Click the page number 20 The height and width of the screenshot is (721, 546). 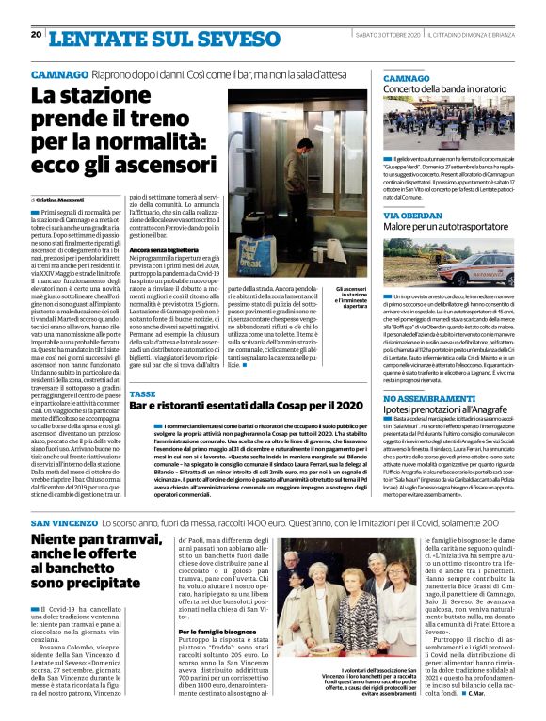click(36, 34)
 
